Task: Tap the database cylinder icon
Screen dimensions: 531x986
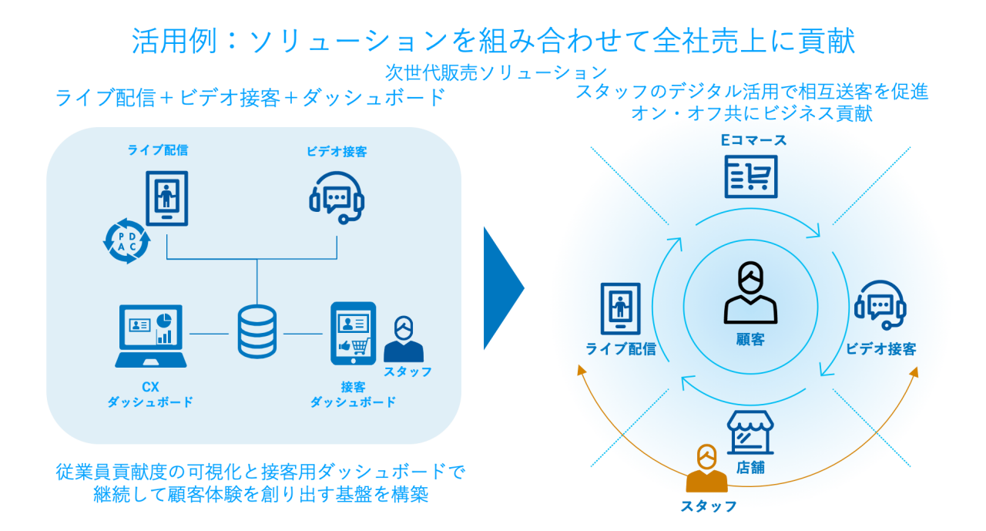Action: [257, 332]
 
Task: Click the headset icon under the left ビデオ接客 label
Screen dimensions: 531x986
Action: [337, 197]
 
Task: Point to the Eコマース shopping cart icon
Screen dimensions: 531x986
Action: [750, 176]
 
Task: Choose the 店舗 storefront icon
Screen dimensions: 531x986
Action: [750, 432]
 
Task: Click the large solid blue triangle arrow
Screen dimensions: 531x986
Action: [502, 288]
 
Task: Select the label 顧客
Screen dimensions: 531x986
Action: [750, 339]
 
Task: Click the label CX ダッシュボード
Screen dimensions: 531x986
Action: [150, 395]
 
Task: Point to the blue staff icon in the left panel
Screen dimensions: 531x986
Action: [403, 338]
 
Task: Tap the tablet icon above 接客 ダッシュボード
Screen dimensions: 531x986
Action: [353, 333]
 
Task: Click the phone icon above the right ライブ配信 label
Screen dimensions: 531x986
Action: [620, 308]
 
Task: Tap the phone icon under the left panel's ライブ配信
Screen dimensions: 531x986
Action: [166, 198]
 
